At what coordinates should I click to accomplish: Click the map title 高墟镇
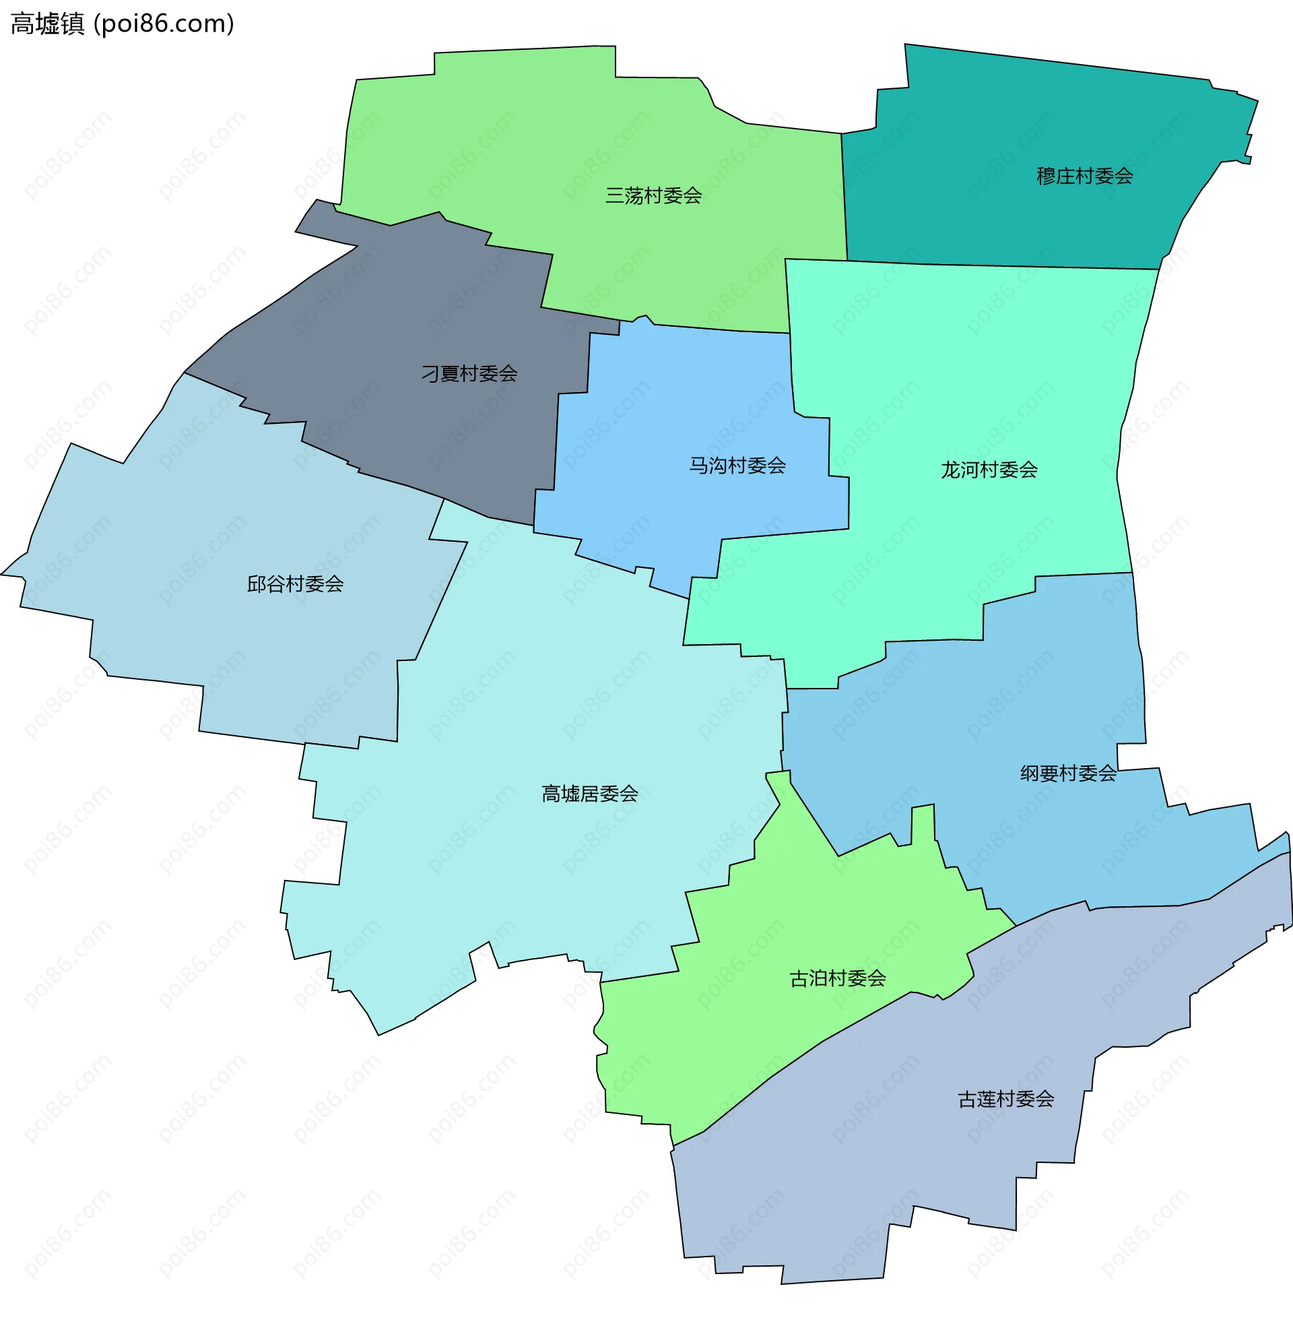pos(48,24)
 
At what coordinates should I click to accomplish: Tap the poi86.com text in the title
pos(164,24)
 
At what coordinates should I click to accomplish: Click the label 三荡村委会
pos(653,196)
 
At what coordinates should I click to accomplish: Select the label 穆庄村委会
pos(1084,177)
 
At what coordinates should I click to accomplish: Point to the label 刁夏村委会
pos(469,374)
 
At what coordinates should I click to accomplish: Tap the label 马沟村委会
pos(737,466)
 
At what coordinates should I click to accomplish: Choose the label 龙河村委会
pos(989,470)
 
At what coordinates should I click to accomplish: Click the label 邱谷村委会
pos(295,584)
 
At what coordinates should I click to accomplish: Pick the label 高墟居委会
pos(589,794)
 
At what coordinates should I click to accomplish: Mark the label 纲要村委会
pos(1067,773)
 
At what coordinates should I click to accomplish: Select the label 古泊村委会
pos(837,979)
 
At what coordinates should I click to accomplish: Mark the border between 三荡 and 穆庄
pos(844,197)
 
